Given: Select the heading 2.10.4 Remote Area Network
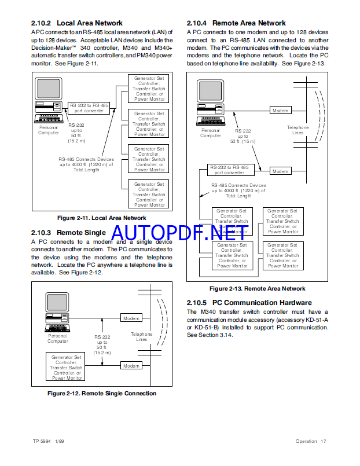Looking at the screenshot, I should click(236, 23).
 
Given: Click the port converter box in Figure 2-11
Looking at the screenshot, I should click(89, 108).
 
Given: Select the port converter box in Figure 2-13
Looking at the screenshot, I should click(230, 170).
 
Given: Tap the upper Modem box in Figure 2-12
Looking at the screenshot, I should click(131, 318).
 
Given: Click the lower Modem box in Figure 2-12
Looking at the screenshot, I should click(131, 366).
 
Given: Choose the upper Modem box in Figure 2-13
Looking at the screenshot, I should click(281, 111).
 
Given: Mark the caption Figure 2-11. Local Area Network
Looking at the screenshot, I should click(102, 218).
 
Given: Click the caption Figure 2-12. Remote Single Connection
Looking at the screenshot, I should click(102, 394).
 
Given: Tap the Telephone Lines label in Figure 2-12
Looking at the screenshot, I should click(141, 337).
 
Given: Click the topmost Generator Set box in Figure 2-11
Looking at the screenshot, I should click(149, 88).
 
